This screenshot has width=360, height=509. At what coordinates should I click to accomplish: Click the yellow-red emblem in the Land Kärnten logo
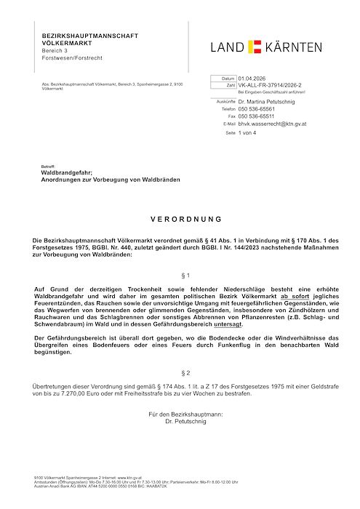(255, 47)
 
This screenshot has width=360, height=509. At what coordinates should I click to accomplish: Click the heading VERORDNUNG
(180, 218)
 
